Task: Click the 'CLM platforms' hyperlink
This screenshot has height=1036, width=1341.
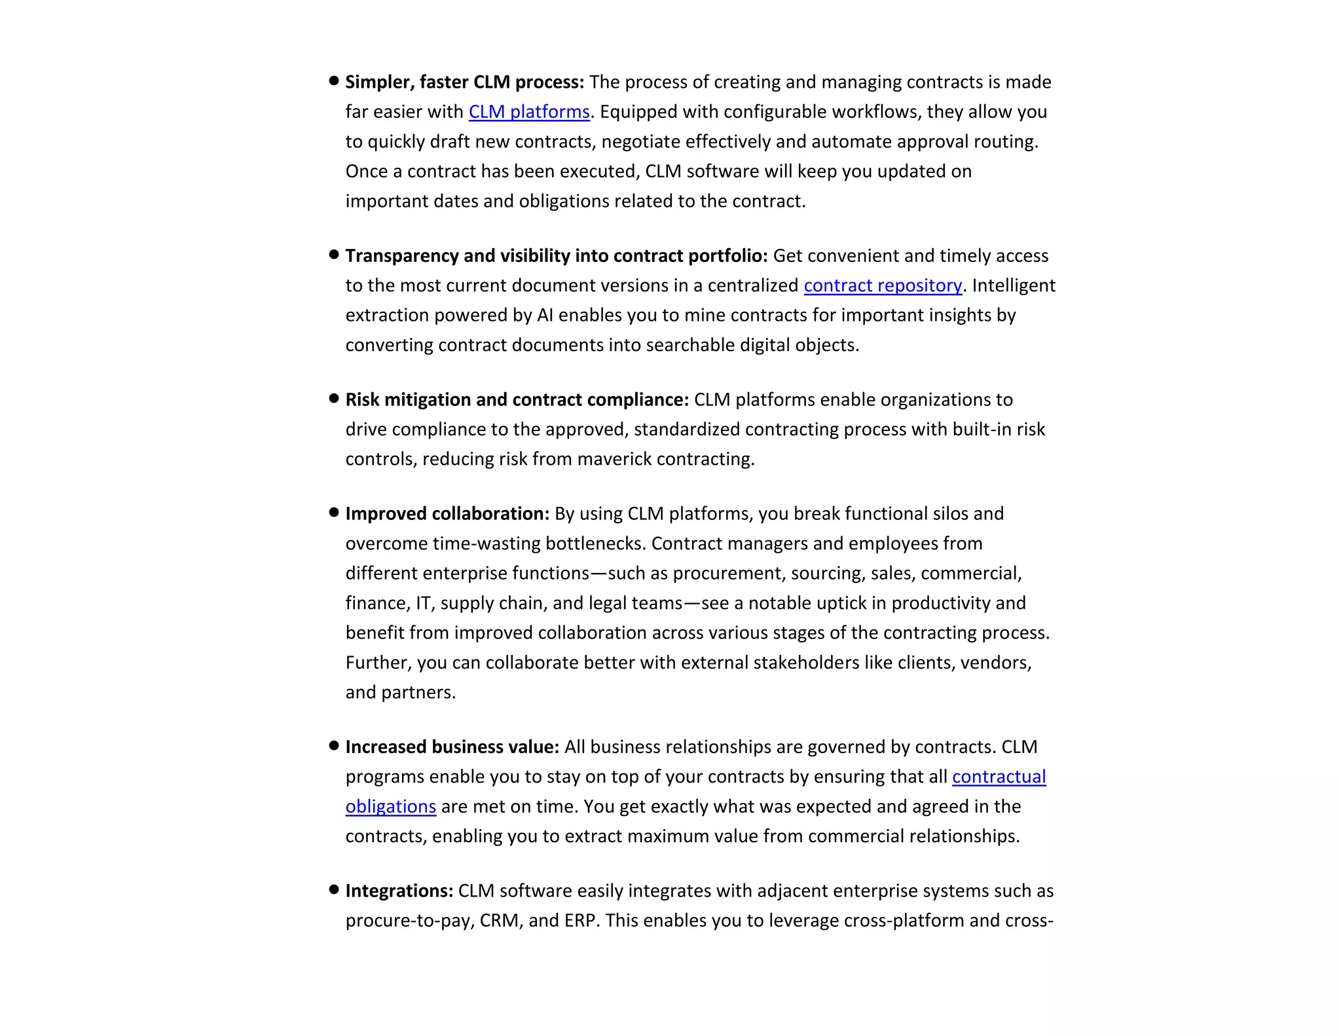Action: coord(529,112)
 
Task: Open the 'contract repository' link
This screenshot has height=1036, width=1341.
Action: coord(883,286)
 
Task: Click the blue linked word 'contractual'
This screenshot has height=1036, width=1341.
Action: coord(999,777)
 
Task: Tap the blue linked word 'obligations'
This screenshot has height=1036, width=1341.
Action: coord(390,807)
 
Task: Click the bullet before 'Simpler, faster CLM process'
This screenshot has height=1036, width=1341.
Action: coord(334,81)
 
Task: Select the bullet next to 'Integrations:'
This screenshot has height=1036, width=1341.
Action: coord(334,889)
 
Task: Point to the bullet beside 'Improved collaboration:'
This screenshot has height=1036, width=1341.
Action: coord(334,512)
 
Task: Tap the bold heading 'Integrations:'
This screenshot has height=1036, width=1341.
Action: coord(399,891)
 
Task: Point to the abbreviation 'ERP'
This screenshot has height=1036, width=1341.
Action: coord(579,921)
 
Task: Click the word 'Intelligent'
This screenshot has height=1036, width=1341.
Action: coord(1014,286)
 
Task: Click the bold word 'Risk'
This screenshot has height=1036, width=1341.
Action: coord(362,399)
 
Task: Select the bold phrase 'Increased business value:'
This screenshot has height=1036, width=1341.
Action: coord(452,747)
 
